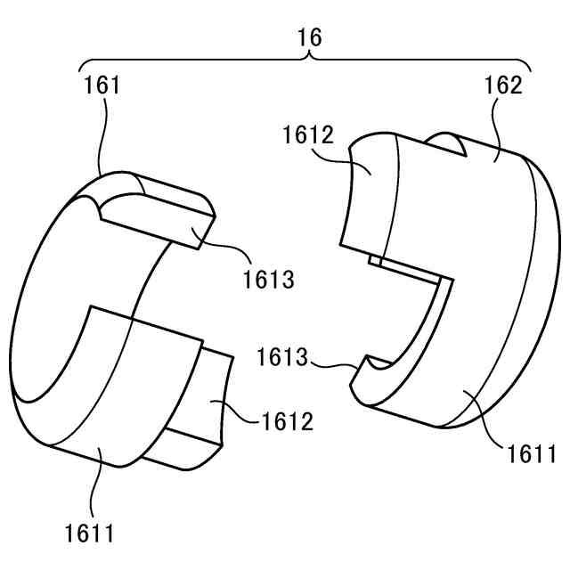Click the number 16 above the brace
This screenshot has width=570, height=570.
(309, 37)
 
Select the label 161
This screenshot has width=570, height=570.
(102, 85)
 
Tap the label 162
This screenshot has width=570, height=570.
(503, 85)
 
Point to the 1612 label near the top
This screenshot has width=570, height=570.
(308, 134)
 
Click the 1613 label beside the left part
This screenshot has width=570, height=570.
(268, 280)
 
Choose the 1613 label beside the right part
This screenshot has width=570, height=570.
(282, 357)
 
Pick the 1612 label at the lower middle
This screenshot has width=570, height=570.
(287, 421)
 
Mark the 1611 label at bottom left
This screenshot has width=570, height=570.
(89, 533)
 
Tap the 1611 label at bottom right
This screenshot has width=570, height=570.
(532, 453)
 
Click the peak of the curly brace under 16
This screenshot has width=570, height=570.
(309, 54)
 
